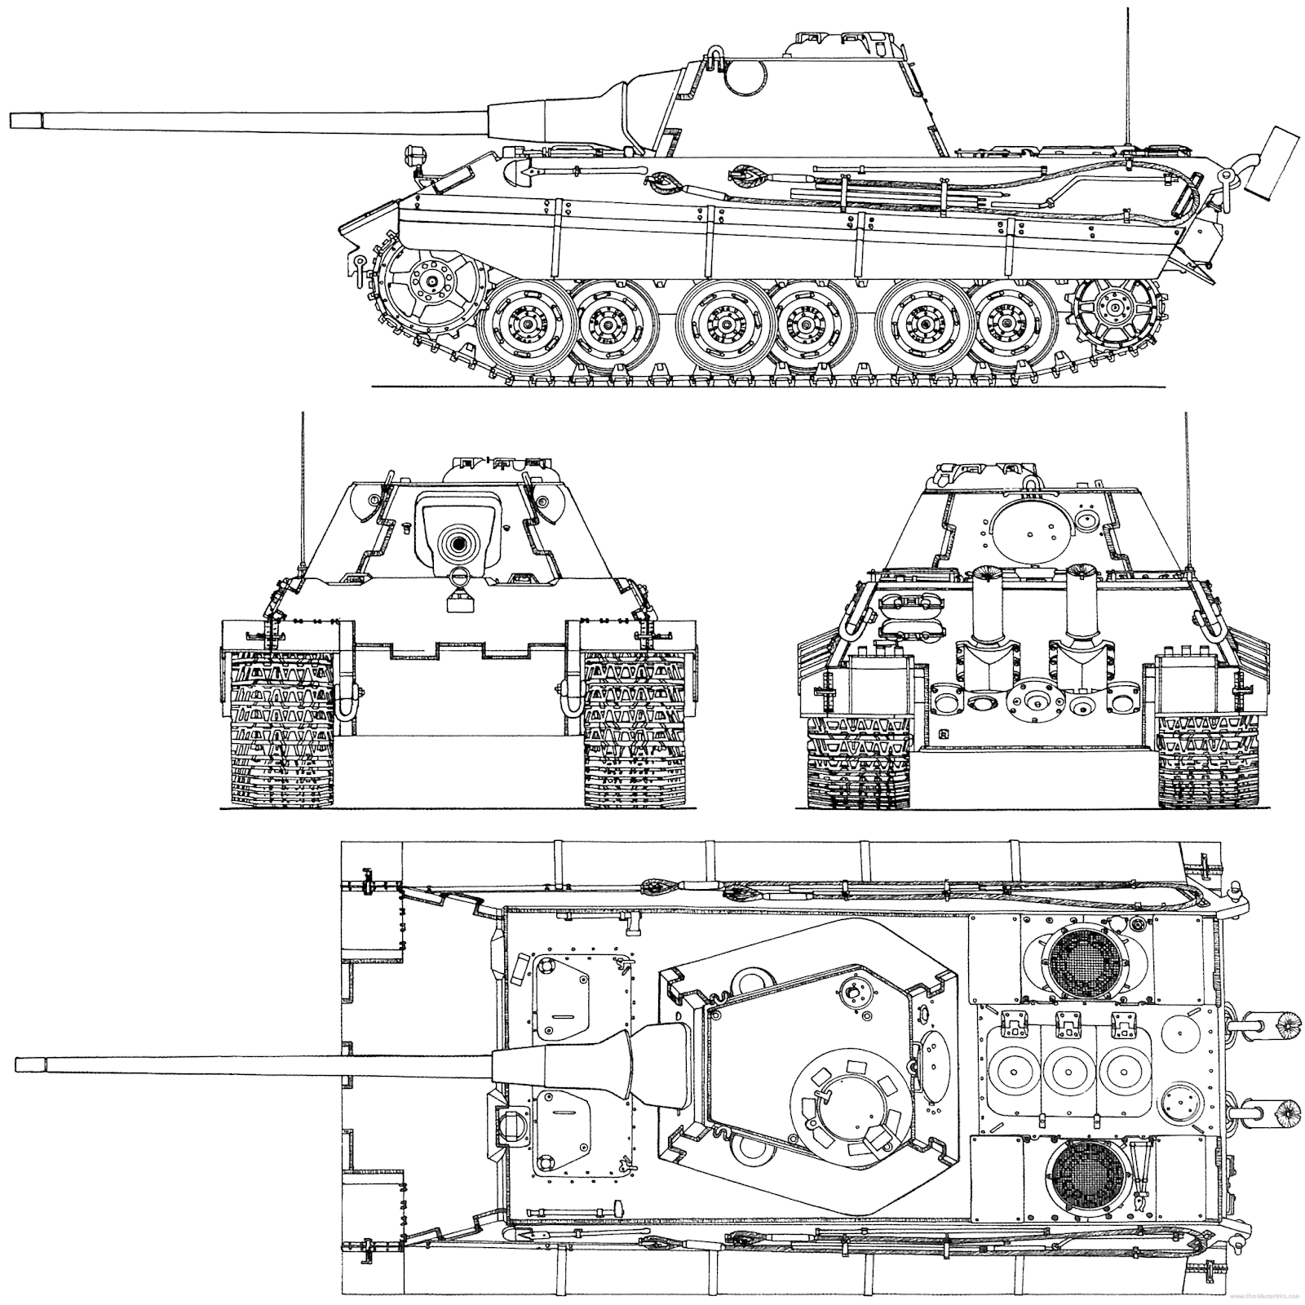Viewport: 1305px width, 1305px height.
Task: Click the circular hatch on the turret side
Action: pyautogui.click(x=745, y=78)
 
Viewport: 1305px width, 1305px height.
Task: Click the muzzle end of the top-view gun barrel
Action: pyautogui.click(x=31, y=1062)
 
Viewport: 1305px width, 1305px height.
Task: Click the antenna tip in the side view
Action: pyautogui.click(x=1129, y=10)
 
